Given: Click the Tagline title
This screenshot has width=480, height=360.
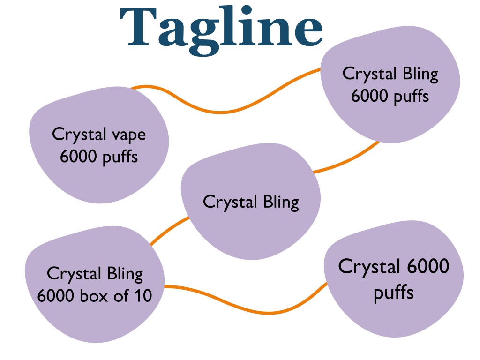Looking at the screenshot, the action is pyautogui.click(x=221, y=30).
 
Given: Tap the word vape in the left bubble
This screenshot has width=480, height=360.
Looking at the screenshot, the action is pyautogui.click(x=129, y=136).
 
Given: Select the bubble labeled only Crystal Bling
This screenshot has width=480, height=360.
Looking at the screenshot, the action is pyautogui.click(x=251, y=202).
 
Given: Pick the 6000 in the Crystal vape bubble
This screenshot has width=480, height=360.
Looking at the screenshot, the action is pyautogui.click(x=78, y=157).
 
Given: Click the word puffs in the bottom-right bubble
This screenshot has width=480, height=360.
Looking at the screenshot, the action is pyautogui.click(x=394, y=292).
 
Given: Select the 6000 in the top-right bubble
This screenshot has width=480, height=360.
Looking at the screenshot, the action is pyautogui.click(x=369, y=96).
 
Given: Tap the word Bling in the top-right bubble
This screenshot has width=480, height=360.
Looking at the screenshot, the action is pyautogui.click(x=420, y=75).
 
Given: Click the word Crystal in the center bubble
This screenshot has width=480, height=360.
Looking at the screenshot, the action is pyautogui.click(x=230, y=202).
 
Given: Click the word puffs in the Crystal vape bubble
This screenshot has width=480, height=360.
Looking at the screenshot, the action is pyautogui.click(x=120, y=157).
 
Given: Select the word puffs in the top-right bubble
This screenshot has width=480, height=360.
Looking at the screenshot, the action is pyautogui.click(x=411, y=97).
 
